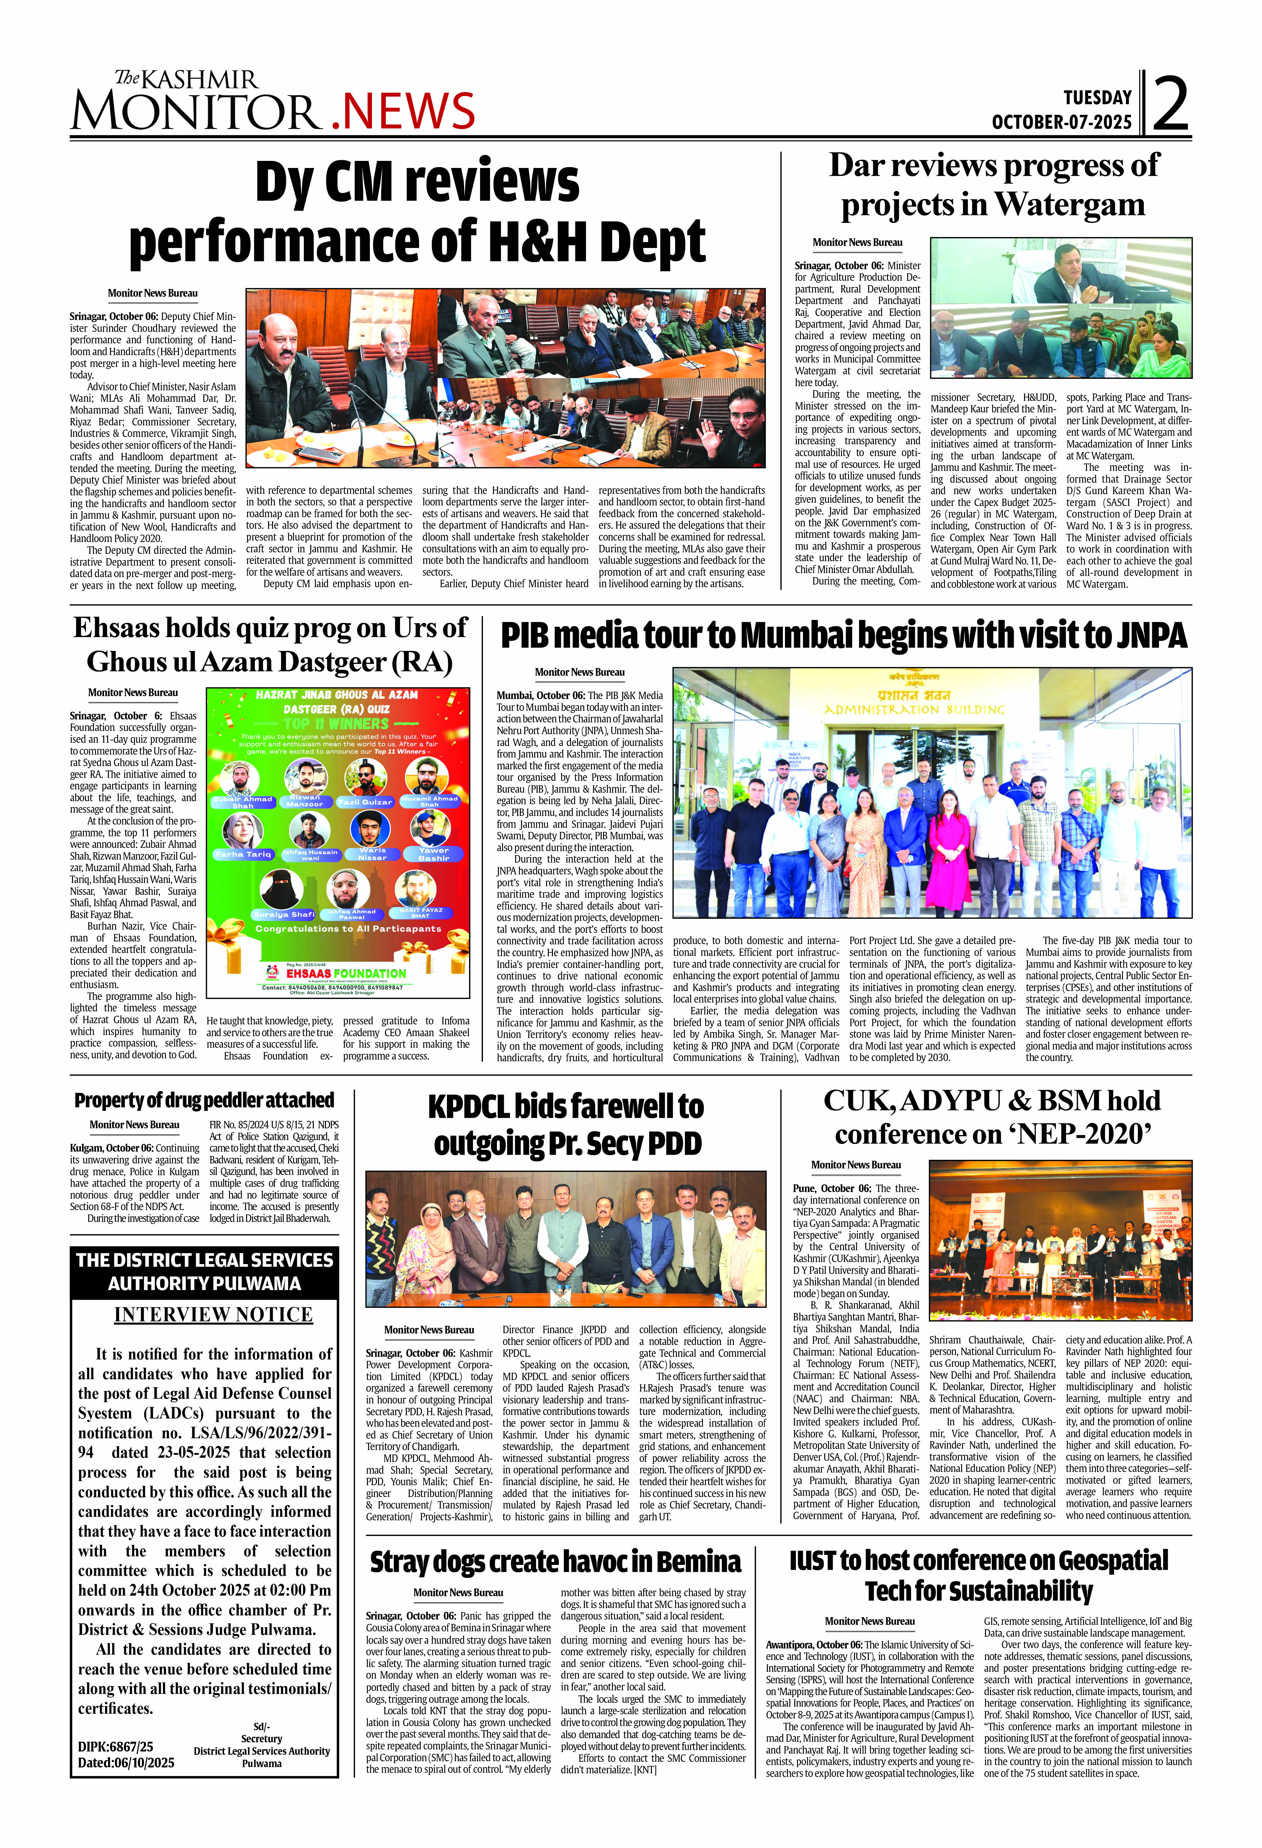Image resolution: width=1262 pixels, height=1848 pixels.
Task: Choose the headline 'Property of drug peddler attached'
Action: click(x=204, y=1101)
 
